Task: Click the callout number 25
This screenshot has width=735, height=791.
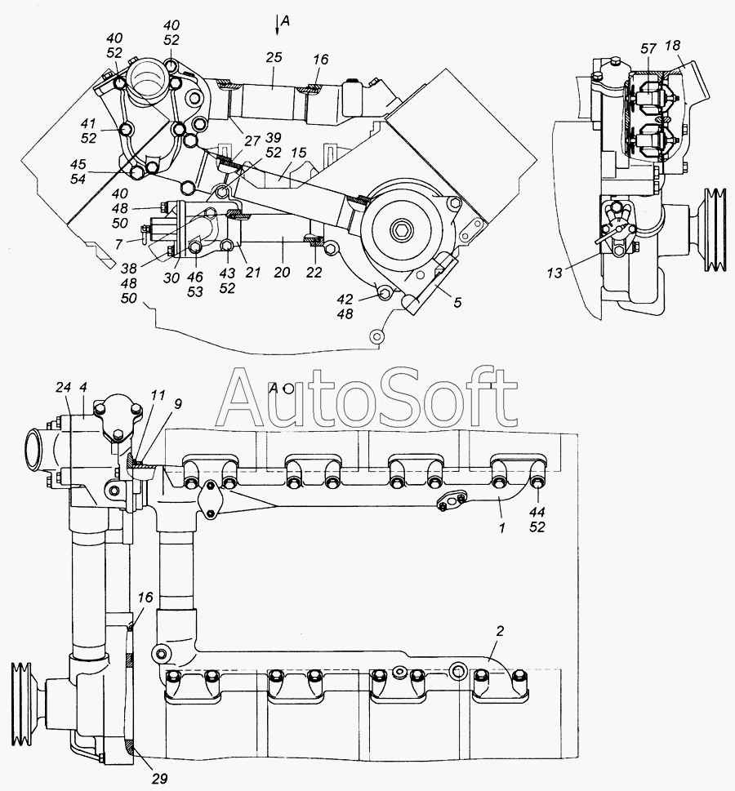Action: [x=274, y=57]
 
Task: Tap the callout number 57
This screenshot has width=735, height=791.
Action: [x=648, y=48]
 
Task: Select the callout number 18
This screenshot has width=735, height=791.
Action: [x=672, y=46]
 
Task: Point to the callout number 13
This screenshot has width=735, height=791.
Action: [x=555, y=273]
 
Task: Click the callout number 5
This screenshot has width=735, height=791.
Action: [x=457, y=302]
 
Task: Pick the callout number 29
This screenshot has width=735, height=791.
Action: [x=159, y=779]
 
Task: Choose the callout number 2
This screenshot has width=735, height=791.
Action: [x=500, y=631]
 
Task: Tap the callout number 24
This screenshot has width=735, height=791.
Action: [x=64, y=388]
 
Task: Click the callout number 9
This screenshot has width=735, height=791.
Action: [x=178, y=404]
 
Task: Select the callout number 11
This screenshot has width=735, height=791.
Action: [x=158, y=395]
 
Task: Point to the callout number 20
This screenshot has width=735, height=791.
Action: [x=283, y=273]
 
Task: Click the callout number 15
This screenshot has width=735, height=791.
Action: [x=299, y=153]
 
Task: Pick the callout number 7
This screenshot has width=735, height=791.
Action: [x=118, y=245]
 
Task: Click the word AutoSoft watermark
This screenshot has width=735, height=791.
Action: [x=367, y=397]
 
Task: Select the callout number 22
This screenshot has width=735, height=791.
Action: [x=314, y=273]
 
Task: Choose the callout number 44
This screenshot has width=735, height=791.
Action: [x=537, y=512]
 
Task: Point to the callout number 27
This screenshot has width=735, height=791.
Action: [x=252, y=140]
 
